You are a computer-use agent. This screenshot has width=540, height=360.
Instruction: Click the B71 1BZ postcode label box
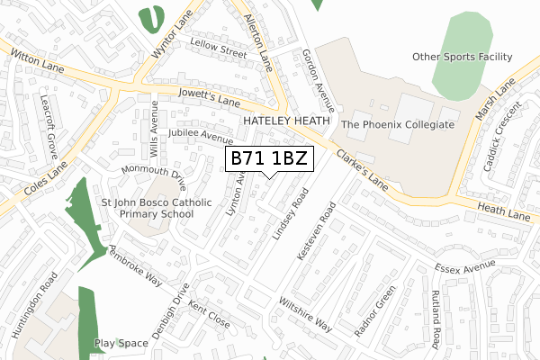point(269,159)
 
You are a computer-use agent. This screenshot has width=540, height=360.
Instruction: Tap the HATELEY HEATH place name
point(286,121)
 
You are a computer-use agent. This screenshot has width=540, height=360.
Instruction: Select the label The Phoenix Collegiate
point(397,125)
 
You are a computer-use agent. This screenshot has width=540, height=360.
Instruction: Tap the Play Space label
point(121,343)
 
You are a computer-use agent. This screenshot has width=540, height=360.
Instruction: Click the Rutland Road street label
point(436,315)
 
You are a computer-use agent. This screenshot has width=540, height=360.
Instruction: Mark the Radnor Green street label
point(374,310)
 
